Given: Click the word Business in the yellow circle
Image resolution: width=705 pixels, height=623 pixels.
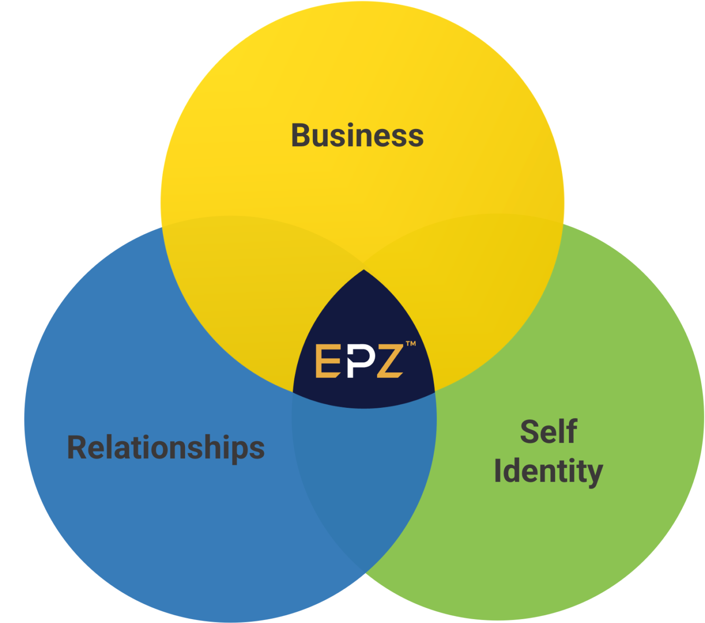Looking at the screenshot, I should pos(357,135).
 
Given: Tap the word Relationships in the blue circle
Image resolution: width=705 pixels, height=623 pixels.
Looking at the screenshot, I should pos(165,447).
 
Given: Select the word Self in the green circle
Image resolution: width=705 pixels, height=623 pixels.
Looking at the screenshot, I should pos(548,431).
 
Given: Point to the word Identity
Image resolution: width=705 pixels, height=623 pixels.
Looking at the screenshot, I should pos(548,471).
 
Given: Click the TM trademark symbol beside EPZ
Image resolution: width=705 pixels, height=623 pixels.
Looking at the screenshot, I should pos(411,344).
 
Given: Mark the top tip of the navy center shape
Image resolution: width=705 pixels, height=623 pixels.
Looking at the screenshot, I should pos(364,270).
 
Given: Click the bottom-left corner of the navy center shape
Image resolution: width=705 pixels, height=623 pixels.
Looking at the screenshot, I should pos(294,392).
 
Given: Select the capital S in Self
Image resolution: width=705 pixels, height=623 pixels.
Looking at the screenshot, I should pos(529,431).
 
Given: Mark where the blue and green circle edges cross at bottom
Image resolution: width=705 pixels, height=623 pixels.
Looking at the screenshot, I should pos(365,573).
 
